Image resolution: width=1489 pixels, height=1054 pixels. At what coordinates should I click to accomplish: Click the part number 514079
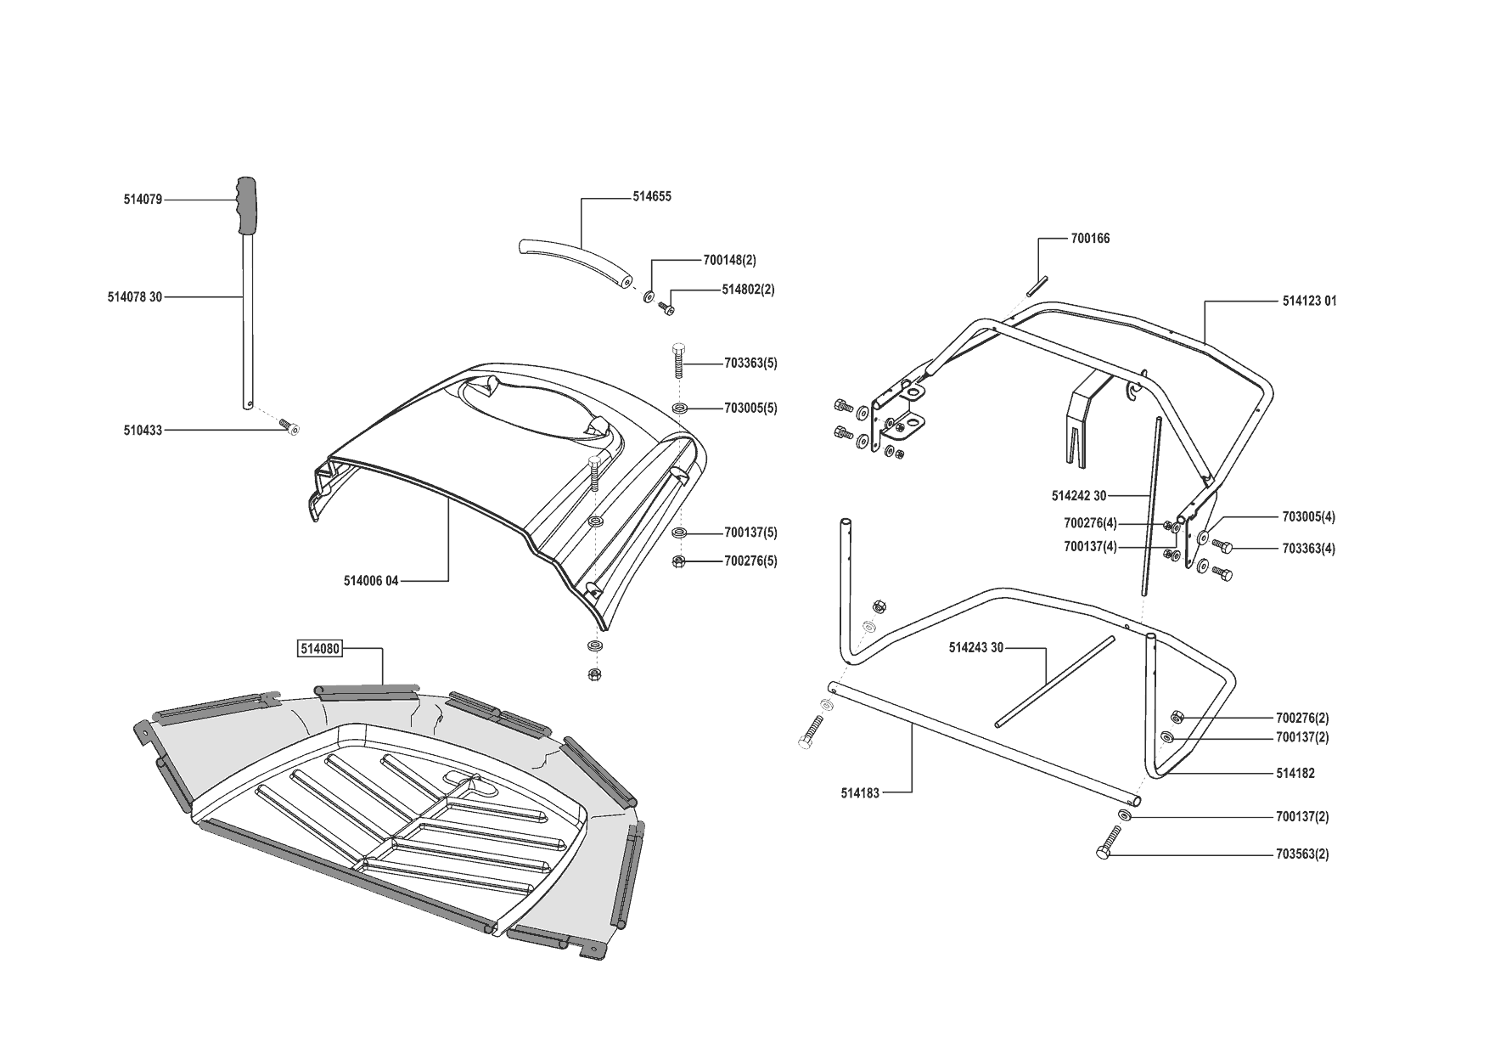[x=142, y=200]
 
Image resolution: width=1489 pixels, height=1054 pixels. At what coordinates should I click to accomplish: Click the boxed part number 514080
[x=319, y=649]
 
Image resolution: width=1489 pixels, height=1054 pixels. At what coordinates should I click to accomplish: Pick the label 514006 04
[x=371, y=581]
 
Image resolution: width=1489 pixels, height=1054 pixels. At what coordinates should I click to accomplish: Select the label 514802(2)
[x=748, y=290]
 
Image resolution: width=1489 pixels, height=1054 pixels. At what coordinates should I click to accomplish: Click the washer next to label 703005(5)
[x=678, y=409]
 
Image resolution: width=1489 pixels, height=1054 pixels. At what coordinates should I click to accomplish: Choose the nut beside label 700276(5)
[x=678, y=561]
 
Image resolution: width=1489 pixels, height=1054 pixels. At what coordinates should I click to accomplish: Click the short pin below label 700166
[x=1037, y=285]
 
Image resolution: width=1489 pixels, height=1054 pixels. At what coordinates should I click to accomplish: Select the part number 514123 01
[x=1309, y=302]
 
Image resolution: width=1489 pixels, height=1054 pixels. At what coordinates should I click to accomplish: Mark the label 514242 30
[x=1078, y=496]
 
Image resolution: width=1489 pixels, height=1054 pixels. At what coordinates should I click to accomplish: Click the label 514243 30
[x=976, y=648]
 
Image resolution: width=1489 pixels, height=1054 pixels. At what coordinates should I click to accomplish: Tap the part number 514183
[x=860, y=793]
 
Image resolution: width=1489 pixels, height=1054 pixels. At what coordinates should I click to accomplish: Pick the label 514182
[x=1295, y=775]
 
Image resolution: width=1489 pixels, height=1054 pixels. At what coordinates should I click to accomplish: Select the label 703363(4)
[x=1308, y=549]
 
